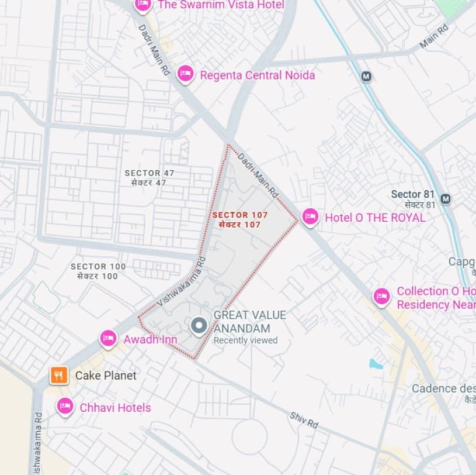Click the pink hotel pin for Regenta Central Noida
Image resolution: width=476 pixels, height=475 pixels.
click(x=185, y=74)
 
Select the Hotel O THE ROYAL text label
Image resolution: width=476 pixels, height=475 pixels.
click(x=375, y=218)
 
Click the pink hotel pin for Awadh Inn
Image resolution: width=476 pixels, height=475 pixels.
click(x=108, y=338)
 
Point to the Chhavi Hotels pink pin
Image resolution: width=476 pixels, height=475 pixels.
click(x=65, y=406)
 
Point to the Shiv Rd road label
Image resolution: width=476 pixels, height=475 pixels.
click(x=304, y=419)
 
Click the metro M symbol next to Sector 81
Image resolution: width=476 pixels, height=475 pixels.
click(x=446, y=199)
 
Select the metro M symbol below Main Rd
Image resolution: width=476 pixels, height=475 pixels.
click(x=366, y=76)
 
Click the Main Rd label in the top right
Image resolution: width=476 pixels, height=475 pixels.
click(x=433, y=36)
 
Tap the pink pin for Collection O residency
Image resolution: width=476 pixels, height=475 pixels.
click(x=381, y=297)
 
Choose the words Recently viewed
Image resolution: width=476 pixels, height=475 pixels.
click(x=245, y=340)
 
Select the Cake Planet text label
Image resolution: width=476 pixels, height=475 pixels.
click(x=106, y=376)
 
